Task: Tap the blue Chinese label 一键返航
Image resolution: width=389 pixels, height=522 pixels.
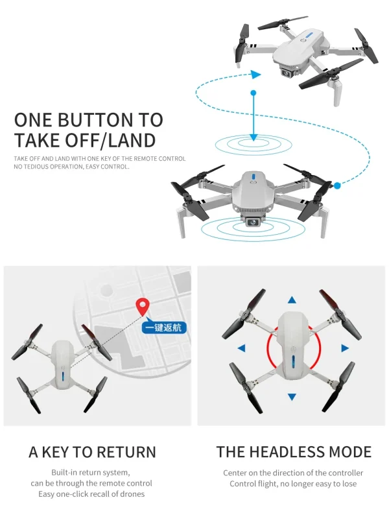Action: point(165,327)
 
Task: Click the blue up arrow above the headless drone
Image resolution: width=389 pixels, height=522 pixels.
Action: point(292,300)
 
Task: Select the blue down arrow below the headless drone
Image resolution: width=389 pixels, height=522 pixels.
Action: point(292,396)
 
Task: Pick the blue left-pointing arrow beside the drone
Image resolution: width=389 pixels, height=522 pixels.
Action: point(241,348)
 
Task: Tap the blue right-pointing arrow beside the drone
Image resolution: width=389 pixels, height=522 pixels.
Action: point(344,348)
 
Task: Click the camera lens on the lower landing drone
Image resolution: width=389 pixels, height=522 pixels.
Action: point(252,222)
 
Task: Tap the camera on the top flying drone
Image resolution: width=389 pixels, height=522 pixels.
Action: point(286,73)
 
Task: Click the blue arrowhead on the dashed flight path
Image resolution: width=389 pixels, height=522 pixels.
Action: point(256,75)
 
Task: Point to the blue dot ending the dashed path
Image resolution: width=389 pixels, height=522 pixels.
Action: point(337,187)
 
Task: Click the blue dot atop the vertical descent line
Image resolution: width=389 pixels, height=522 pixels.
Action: point(253,93)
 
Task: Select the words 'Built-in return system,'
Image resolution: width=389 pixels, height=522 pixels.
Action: point(91,473)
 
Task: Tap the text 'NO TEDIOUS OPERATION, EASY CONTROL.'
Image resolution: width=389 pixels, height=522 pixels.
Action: point(71,167)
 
